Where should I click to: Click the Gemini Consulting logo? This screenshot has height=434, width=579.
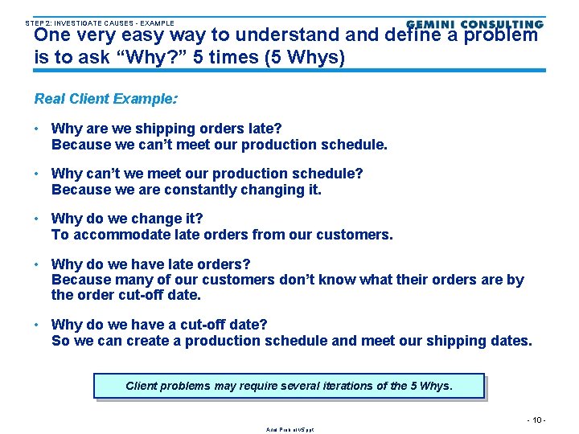[474, 25]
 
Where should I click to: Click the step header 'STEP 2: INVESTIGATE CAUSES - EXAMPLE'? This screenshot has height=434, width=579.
[100, 23]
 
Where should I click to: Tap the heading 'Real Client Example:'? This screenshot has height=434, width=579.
[106, 99]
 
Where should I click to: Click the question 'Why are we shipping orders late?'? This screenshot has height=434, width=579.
[166, 129]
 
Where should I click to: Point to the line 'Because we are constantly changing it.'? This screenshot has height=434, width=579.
[186, 190]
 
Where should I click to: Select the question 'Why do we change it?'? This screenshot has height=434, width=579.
[127, 219]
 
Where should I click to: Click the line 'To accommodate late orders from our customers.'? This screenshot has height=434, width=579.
[222, 235]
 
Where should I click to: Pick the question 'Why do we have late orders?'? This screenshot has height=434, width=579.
[150, 264]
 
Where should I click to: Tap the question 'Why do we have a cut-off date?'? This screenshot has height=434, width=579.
[159, 325]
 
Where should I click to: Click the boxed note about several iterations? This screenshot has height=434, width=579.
[289, 386]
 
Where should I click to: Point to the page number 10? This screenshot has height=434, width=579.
[536, 420]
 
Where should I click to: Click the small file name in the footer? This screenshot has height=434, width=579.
[289, 430]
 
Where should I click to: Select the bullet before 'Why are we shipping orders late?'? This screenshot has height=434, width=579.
[38, 129]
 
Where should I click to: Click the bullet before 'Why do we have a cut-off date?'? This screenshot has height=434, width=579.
[38, 325]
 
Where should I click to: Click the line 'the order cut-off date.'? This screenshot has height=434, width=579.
[125, 296]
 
